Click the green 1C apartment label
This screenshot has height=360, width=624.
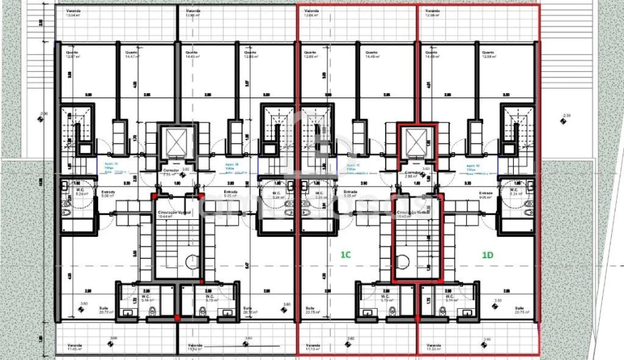pyautogui.click(x=345, y=254)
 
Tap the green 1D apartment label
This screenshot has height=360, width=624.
pyautogui.click(x=487, y=254)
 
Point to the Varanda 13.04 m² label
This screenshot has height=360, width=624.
pyautogui.click(x=73, y=14)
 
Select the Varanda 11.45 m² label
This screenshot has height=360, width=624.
pyautogui.click(x=75, y=348)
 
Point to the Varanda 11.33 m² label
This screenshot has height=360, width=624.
pyautogui.click(x=433, y=348)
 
